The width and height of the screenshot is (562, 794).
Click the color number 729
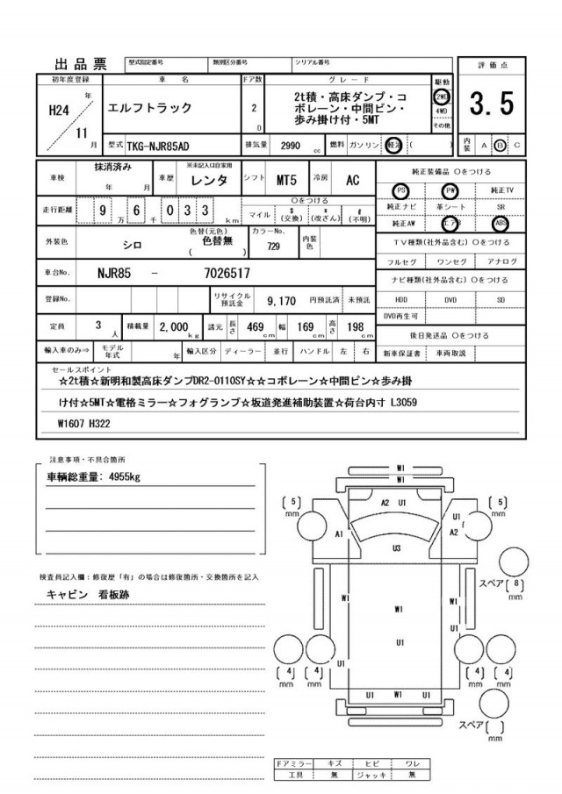point(273,247)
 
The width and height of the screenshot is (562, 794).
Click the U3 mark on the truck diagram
point(397,547)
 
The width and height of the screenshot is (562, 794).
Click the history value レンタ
point(213,180)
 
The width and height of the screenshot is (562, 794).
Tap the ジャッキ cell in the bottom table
point(371,775)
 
